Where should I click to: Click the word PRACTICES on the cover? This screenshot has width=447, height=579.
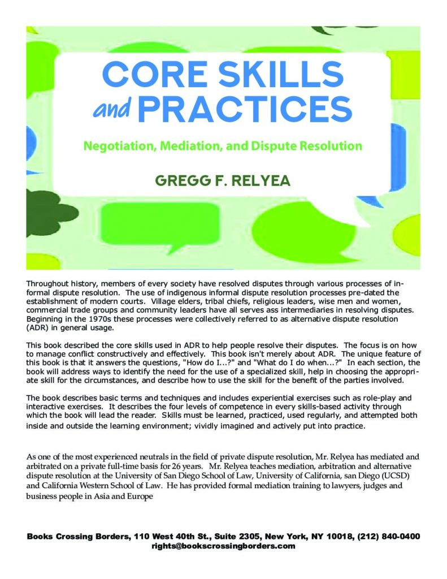point(245,109)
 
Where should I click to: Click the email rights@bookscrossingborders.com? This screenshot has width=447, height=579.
point(223,546)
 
